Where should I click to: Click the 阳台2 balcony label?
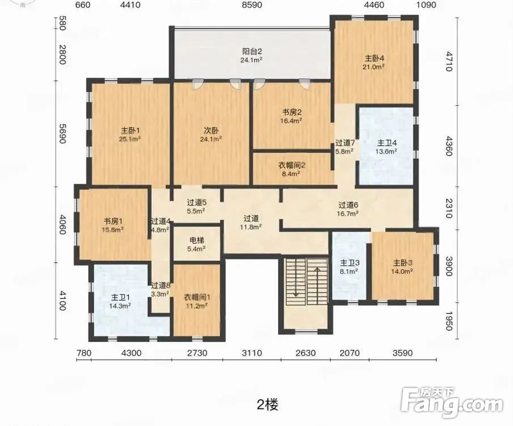click(x=252, y=52)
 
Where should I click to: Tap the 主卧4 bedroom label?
click(x=374, y=59)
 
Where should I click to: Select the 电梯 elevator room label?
click(x=197, y=240)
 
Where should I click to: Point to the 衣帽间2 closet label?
click(x=291, y=165)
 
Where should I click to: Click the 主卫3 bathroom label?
click(x=350, y=263)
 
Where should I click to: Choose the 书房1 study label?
click(x=113, y=221)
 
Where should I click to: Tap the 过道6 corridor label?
click(x=348, y=205)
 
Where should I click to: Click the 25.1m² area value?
click(x=130, y=139)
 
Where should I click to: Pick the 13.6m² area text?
click(x=387, y=151)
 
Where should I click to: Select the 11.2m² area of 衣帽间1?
click(x=197, y=306)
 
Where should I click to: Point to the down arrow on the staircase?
click(x=296, y=279)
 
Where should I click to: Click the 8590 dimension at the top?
click(x=252, y=5)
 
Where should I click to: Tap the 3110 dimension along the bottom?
click(x=252, y=353)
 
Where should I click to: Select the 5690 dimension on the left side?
click(x=62, y=133)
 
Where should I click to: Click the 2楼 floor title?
click(x=268, y=404)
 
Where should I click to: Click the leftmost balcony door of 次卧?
click(x=197, y=83)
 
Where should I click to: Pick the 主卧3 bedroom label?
click(x=402, y=263)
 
